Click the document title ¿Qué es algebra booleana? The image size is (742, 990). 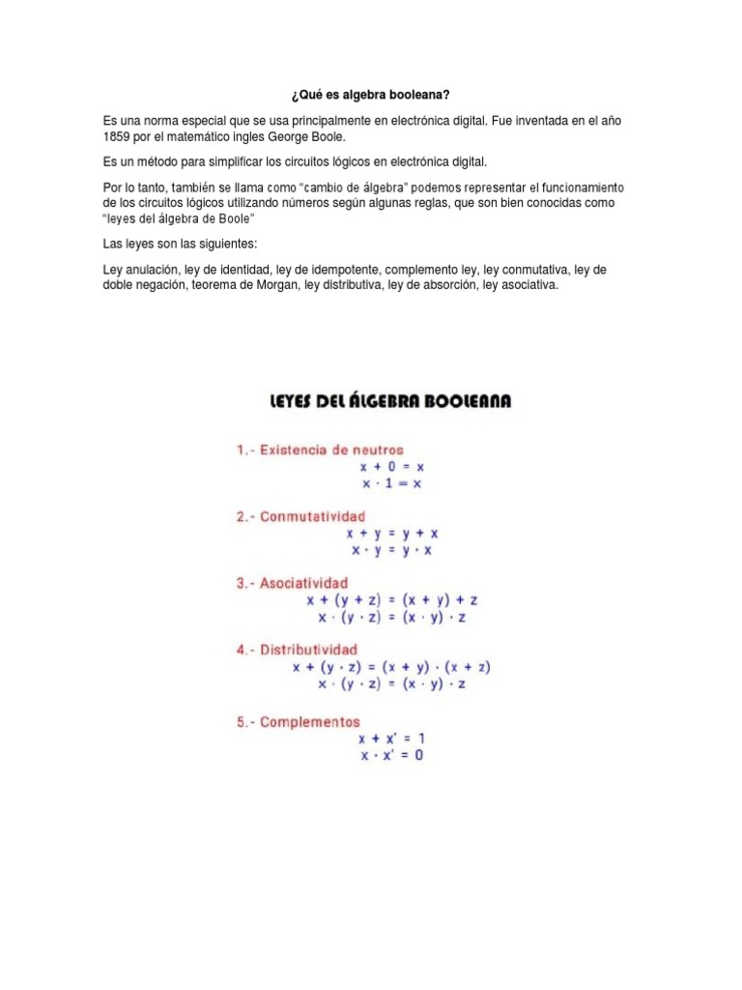371,97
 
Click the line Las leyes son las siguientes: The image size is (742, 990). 180,244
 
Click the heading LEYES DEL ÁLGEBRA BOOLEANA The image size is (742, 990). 389,401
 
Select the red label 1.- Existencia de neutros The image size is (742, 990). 320,450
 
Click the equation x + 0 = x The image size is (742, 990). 391,467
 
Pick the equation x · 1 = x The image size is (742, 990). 391,483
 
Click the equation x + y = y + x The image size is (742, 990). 391,533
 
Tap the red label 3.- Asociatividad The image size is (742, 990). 293,583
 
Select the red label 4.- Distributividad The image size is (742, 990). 297,650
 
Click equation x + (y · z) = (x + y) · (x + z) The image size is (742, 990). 391,666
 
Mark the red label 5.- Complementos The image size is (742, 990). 298,721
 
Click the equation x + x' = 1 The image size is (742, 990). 391,739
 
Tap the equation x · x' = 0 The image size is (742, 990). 391,755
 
